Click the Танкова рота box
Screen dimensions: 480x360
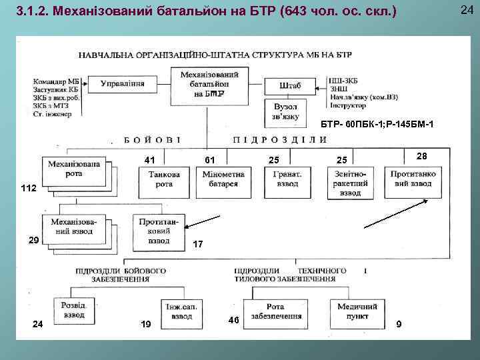pos(163,179)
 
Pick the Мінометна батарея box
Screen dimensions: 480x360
pos(223,179)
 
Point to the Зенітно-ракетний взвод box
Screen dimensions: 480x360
pos(350,182)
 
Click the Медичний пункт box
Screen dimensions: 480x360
pos(357,311)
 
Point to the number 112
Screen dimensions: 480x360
pos(29,189)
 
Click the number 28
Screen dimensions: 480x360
pos(421,155)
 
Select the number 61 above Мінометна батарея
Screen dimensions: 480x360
pos(209,160)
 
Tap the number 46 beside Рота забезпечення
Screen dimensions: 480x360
pos(233,320)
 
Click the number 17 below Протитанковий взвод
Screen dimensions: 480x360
pos(198,245)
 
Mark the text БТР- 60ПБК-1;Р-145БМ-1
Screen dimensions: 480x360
pos(377,124)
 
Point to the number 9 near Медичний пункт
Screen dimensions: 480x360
pos(398,325)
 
